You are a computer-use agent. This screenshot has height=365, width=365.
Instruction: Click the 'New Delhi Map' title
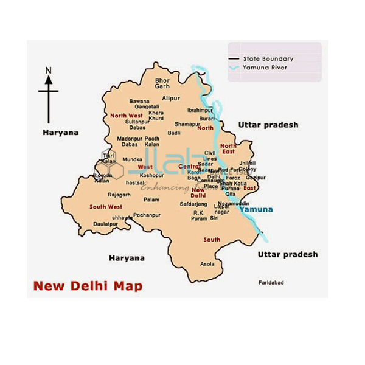point(88,285)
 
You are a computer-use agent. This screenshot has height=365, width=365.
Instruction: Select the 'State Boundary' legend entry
point(268,59)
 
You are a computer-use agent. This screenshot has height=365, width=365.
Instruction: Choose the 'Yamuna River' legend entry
point(266,68)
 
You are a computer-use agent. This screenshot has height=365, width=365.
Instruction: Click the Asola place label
point(207,264)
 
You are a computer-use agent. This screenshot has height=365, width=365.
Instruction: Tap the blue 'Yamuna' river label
point(256,210)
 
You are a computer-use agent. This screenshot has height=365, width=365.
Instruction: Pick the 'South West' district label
point(105,207)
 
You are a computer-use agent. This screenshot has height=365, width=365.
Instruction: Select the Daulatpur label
point(105,224)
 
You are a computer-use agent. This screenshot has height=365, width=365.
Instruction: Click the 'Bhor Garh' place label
point(162,83)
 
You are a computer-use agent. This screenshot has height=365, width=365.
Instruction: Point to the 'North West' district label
point(127,115)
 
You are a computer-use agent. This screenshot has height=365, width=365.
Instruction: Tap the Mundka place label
point(132,159)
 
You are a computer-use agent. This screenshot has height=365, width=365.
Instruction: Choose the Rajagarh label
point(119,195)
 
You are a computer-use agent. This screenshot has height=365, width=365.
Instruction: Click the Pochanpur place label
point(146,215)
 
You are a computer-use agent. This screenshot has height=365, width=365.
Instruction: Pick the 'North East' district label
point(229,149)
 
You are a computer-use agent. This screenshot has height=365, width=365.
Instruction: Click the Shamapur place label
point(187,123)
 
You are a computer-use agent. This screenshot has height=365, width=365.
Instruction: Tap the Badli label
point(175,133)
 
